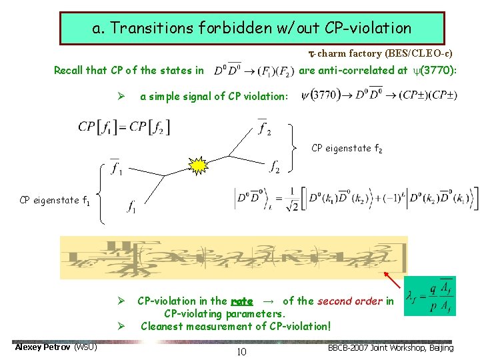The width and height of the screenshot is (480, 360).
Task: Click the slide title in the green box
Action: click(x=252, y=28)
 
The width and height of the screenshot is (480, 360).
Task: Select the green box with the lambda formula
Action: click(x=430, y=295)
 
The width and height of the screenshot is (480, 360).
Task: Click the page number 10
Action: click(x=241, y=351)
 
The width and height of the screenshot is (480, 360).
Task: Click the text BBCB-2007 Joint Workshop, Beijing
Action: click(x=391, y=347)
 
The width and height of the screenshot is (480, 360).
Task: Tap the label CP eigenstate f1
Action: click(x=55, y=199)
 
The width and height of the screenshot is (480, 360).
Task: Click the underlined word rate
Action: click(x=241, y=301)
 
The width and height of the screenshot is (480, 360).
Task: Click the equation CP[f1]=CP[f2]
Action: click(x=123, y=127)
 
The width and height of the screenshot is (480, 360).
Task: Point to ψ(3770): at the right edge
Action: click(x=427, y=70)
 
